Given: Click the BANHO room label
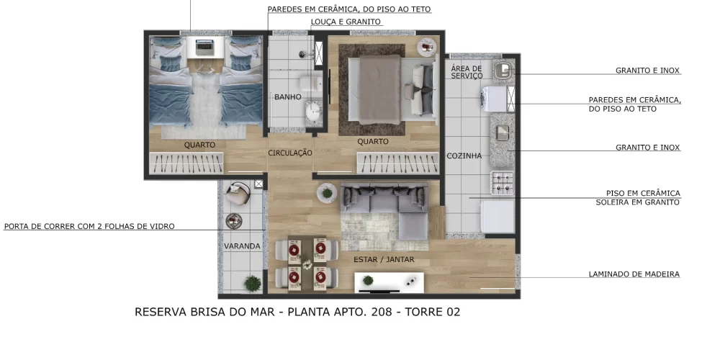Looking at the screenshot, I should (287, 97).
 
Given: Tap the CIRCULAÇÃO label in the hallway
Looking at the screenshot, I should (290, 153).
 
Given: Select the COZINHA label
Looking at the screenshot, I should (464, 156).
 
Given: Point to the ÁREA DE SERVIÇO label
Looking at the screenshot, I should (467, 72).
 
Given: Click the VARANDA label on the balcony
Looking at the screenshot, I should (242, 246).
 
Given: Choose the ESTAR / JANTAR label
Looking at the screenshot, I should (384, 259).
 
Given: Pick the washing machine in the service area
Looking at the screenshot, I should (498, 98).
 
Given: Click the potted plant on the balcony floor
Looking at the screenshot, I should (252, 284).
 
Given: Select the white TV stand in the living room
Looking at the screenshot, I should (388, 282).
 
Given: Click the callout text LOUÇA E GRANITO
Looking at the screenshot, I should (346, 22).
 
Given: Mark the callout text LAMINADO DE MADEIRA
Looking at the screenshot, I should (634, 274).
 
